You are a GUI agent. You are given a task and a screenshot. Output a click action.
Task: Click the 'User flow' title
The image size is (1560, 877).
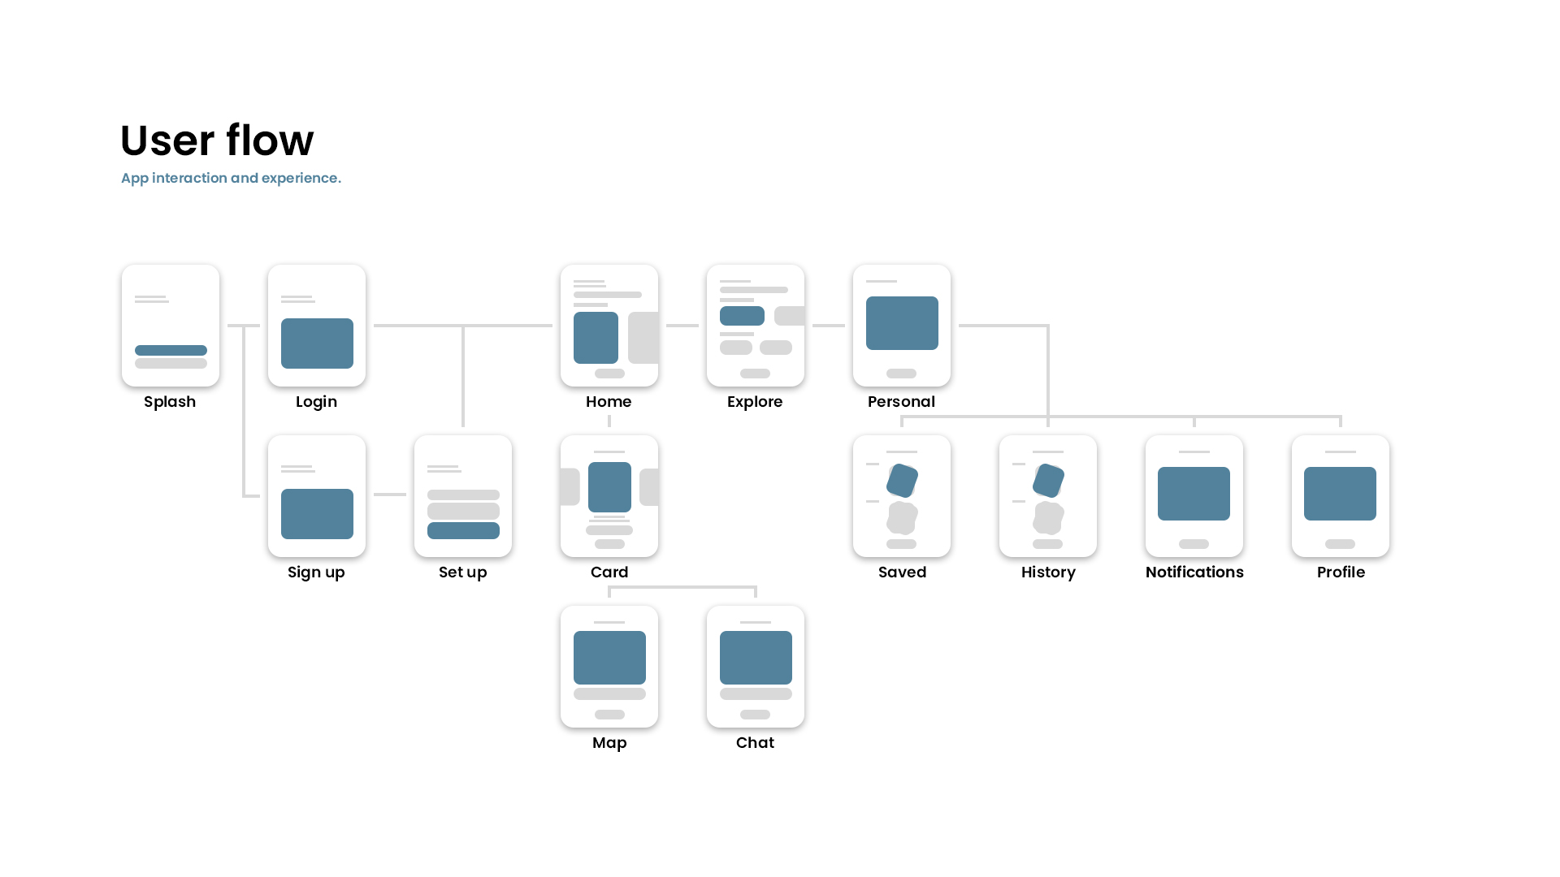[x=217, y=140]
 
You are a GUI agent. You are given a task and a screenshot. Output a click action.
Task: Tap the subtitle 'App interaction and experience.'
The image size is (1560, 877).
[x=231, y=178]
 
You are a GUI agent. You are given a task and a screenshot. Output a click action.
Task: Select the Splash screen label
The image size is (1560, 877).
[x=170, y=402]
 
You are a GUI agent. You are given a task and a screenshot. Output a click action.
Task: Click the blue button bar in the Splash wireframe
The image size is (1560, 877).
[x=171, y=351]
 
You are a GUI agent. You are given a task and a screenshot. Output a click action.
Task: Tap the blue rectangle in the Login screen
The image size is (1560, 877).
[x=317, y=343]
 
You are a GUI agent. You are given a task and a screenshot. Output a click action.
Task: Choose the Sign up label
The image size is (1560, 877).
[x=316, y=572]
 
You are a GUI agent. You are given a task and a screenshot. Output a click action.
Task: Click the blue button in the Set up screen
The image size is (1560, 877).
[x=463, y=531]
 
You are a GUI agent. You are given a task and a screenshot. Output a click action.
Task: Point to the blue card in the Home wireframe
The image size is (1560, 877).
[x=596, y=338]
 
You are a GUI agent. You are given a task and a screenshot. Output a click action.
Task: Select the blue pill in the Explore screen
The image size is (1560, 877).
[x=742, y=316]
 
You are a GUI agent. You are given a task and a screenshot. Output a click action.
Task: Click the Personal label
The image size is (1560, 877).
[x=901, y=402]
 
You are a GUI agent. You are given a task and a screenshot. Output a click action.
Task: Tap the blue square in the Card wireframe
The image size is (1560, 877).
[x=609, y=487]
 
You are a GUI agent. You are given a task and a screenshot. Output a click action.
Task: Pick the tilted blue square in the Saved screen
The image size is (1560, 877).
[x=902, y=481]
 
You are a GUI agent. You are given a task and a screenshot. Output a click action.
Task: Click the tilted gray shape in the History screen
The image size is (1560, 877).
[x=1048, y=517]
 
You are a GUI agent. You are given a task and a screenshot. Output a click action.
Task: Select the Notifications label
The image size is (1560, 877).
[x=1194, y=572]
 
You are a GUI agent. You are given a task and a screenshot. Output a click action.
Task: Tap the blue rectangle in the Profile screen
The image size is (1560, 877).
[x=1340, y=494]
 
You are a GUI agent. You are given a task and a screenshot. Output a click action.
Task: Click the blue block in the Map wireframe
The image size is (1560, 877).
[x=609, y=658]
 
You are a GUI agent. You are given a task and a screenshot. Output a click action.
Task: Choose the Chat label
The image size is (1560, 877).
[x=755, y=743]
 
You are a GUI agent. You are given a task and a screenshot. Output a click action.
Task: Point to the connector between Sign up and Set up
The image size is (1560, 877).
[x=390, y=495]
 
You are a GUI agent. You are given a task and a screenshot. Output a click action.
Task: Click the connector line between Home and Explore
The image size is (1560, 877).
[x=682, y=326]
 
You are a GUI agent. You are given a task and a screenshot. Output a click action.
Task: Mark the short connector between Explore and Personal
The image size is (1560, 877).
[x=829, y=326]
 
